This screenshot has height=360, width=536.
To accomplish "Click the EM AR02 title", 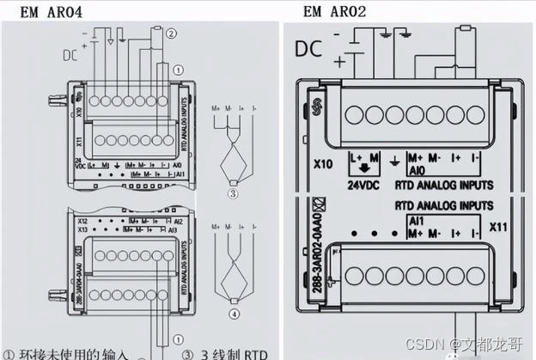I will pos(336,11).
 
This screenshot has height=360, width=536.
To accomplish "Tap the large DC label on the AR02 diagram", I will pos(309,49).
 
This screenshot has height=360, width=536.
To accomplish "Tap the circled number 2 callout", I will pos(172,34).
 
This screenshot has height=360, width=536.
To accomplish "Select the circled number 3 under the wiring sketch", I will pos(232,193).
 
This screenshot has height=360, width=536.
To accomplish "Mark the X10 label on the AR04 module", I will pos(79,111).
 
